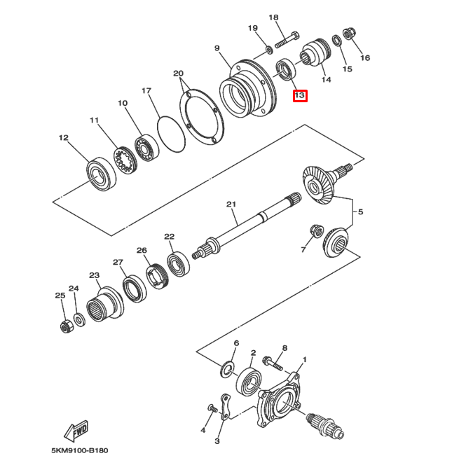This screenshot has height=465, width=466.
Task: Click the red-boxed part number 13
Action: (x=299, y=95)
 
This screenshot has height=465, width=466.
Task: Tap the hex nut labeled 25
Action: (x=64, y=326)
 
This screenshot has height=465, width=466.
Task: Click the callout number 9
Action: (x=217, y=48)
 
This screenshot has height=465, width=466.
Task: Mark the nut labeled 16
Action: (x=351, y=34)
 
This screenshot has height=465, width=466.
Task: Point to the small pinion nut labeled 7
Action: (x=317, y=231)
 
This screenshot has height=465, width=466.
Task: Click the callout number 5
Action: (x=360, y=211)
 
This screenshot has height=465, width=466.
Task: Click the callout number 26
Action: (x=142, y=250)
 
